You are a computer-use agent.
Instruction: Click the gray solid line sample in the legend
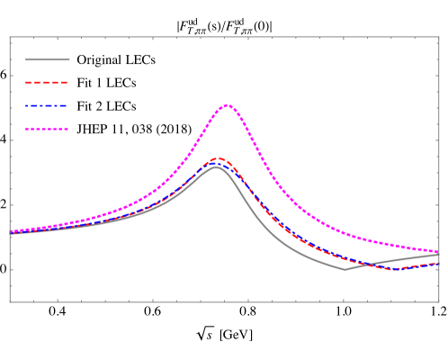[x=47, y=59]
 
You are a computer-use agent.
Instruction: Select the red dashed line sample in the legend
[x=47, y=82]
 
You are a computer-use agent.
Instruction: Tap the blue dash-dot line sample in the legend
[x=47, y=105]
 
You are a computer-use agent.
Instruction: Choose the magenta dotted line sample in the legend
[x=47, y=129]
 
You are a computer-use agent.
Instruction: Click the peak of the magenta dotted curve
[x=227, y=105]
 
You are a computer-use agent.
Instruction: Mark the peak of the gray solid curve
[x=215, y=166]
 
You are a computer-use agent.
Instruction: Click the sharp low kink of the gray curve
[x=345, y=269]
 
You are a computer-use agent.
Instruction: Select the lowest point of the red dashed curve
[x=393, y=269]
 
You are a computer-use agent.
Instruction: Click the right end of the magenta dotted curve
[x=439, y=252]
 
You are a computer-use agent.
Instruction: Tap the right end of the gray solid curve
[x=439, y=255]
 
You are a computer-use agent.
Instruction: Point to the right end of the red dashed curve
[x=439, y=264]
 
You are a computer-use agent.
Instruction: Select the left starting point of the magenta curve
[x=10, y=231]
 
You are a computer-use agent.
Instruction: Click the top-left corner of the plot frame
[x=10, y=37]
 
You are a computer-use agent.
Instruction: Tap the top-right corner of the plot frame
[x=439, y=37]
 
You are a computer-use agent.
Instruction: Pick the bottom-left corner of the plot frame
[x=10, y=302]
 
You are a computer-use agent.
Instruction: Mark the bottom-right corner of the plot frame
[x=439, y=302]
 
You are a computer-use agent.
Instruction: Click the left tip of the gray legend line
[x=26, y=59]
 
